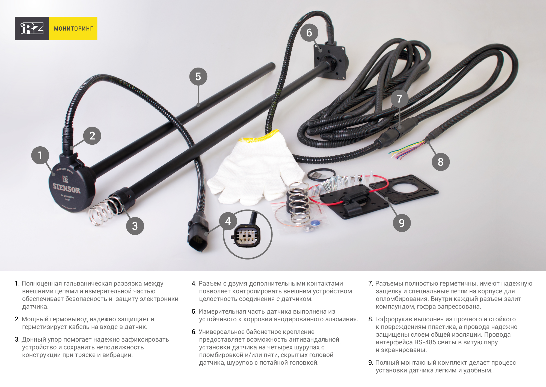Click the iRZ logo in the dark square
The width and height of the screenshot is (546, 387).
pyautogui.click(x=32, y=28)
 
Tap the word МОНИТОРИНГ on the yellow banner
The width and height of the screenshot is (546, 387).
pyautogui.click(x=73, y=28)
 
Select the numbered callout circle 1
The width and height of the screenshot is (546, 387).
pyautogui.click(x=40, y=155)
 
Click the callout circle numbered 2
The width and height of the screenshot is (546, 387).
pyautogui.click(x=92, y=136)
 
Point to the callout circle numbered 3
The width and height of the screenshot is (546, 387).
pyautogui.click(x=135, y=226)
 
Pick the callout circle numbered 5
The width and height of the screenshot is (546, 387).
pyautogui.click(x=198, y=77)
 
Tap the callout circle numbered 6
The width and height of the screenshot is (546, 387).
pyautogui.click(x=309, y=33)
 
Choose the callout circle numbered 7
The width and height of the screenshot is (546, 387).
pyautogui.click(x=399, y=99)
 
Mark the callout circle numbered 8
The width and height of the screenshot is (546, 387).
pyautogui.click(x=441, y=162)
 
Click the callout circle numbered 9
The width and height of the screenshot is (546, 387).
pyautogui.click(x=402, y=223)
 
